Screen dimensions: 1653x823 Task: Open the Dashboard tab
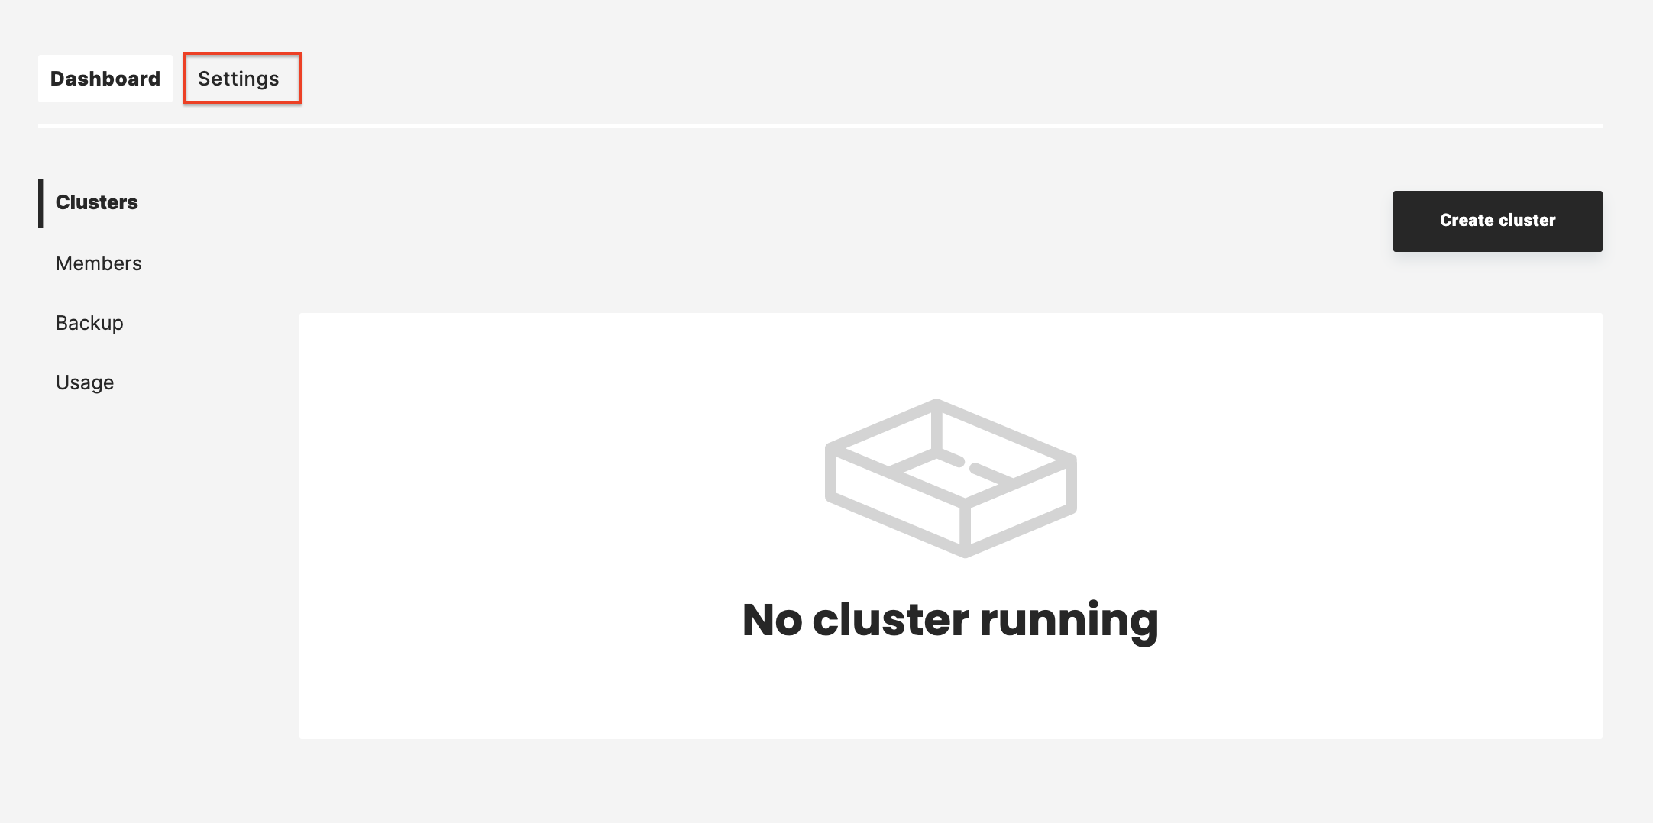pos(105,79)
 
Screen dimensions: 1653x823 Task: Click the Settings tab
pos(242,79)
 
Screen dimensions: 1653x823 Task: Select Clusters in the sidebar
pos(97,202)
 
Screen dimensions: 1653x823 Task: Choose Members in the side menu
pos(99,263)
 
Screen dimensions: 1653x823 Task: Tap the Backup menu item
pos(89,323)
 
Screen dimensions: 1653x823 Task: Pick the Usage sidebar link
pos(85,382)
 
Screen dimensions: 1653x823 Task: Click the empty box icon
pos(951,478)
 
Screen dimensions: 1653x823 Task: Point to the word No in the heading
pos(772,619)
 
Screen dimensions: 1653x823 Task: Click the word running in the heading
pos(1069,621)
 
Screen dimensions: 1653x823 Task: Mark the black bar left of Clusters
pos(40,203)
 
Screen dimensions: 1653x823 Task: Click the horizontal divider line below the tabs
pos(820,126)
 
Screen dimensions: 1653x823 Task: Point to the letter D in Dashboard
pos(58,79)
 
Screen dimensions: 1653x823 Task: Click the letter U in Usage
pos(63,382)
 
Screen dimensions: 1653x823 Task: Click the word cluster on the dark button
pos(1527,221)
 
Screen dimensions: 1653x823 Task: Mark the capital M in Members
pos(64,263)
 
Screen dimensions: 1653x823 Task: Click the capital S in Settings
pos(205,79)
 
